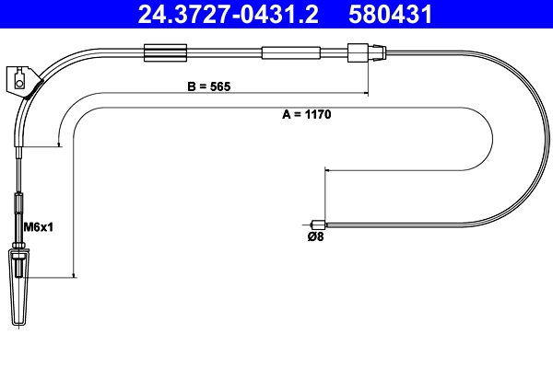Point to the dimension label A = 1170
click(x=305, y=116)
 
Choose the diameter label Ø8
click(x=314, y=237)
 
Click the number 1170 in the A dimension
click(x=315, y=116)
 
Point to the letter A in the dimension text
click(x=285, y=116)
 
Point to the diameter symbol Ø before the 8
click(x=309, y=237)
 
